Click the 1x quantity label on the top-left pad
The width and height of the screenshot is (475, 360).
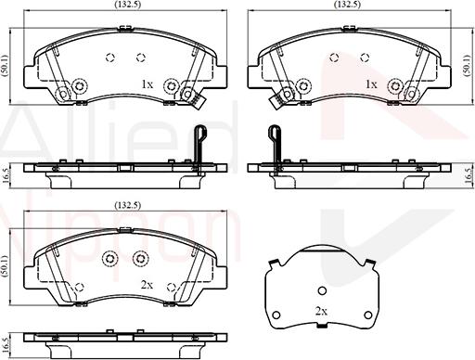pyautogui.click(x=146, y=84)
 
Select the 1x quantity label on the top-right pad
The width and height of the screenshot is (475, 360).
pyautogui.click(x=371, y=84)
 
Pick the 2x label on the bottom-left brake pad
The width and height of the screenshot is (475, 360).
pyautogui.click(x=146, y=286)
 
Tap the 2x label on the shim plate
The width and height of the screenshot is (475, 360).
pyautogui.click(x=321, y=310)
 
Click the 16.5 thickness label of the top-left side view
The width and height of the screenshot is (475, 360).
pyautogui.click(x=6, y=172)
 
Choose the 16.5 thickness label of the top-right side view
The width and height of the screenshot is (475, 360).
pyautogui.click(x=467, y=172)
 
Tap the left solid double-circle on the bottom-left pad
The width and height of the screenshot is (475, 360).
pyautogui.click(x=109, y=258)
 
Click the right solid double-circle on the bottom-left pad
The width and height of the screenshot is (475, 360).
pyautogui.click(x=140, y=258)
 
